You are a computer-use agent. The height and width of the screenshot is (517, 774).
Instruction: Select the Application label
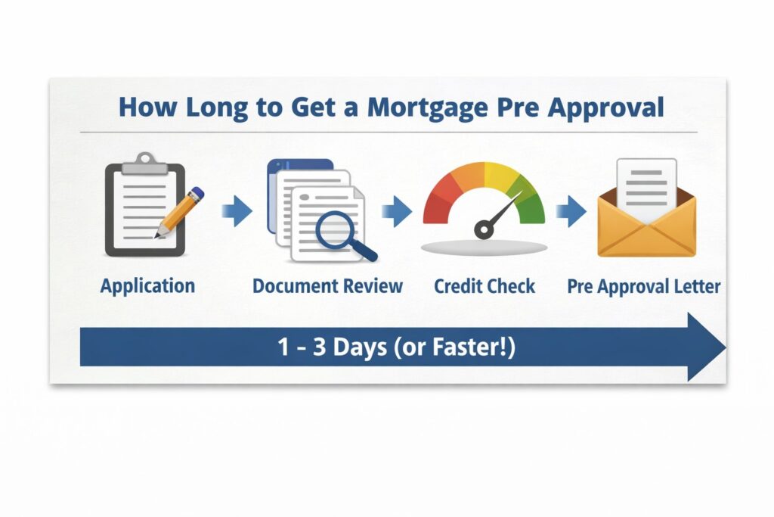click(x=147, y=286)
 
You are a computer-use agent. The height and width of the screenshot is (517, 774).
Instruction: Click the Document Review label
click(x=327, y=287)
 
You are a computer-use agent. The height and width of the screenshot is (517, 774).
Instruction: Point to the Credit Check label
click(x=485, y=287)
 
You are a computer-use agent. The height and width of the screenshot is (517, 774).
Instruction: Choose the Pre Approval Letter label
click(x=644, y=287)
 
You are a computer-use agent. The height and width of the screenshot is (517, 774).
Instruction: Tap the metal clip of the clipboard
click(x=144, y=162)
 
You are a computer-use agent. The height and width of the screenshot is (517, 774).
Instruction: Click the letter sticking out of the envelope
click(x=646, y=185)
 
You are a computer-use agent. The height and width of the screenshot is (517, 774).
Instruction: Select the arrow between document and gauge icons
click(x=397, y=212)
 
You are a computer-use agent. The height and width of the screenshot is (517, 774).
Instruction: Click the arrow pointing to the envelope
click(x=572, y=212)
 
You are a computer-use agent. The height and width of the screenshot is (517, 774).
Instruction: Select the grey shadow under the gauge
click(x=485, y=248)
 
